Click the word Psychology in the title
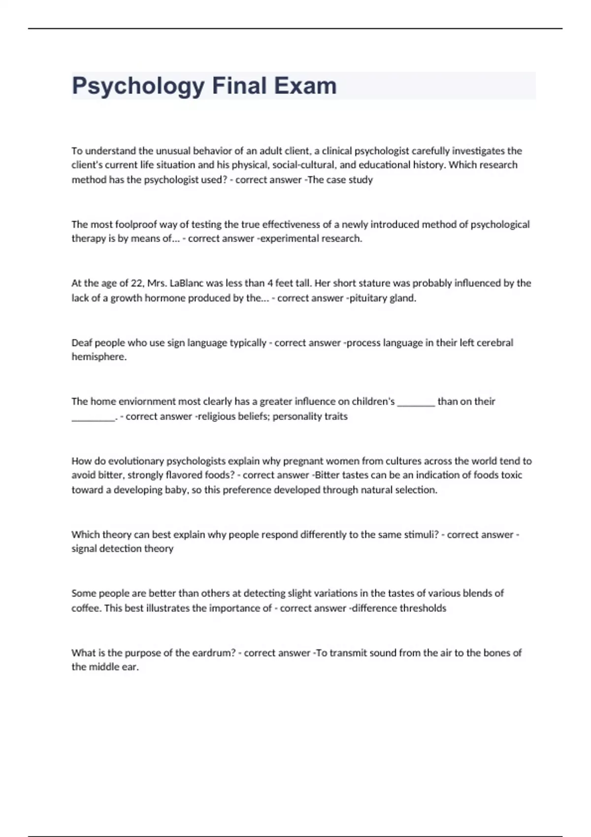point(138,86)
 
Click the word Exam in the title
point(305,86)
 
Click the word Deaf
point(82,343)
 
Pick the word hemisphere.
point(98,357)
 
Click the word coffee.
point(86,608)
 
